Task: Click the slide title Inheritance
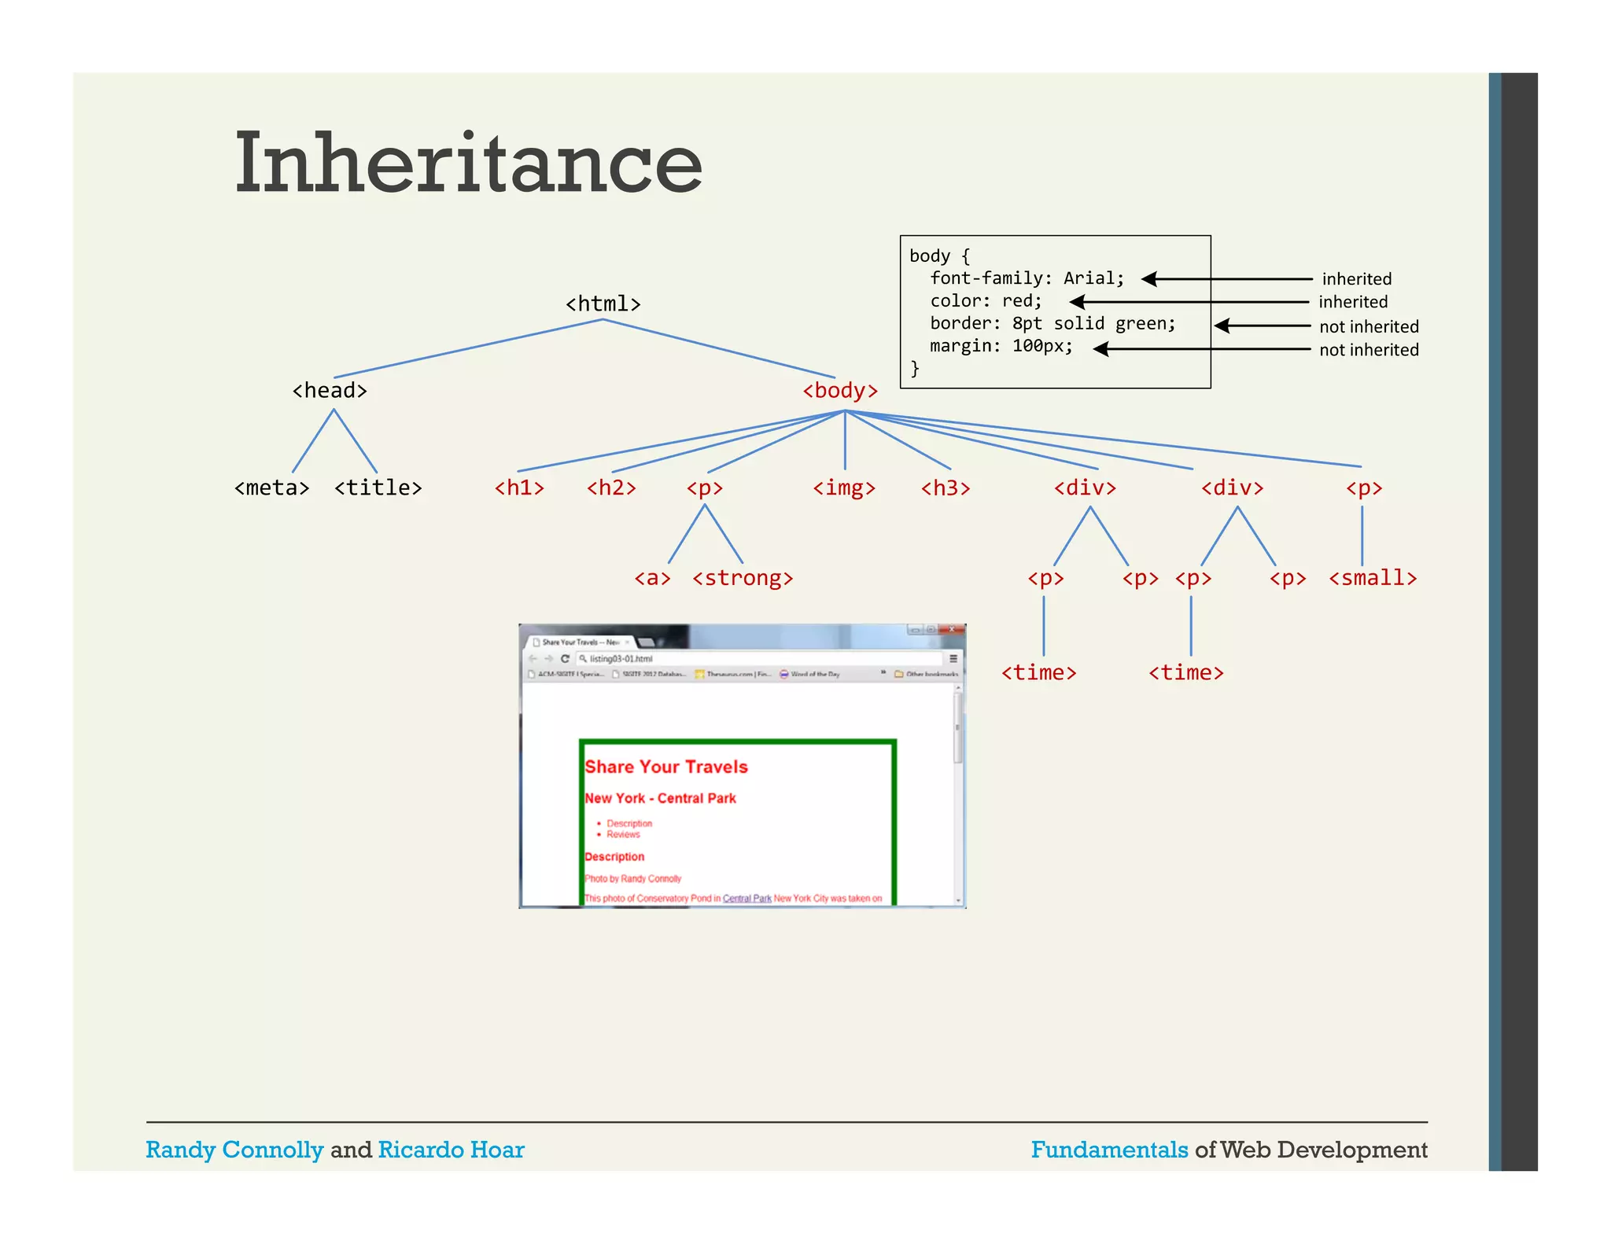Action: (468, 163)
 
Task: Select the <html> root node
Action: (603, 304)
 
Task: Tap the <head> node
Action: (330, 390)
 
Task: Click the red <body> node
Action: (839, 390)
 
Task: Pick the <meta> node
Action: (271, 488)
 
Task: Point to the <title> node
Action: (378, 488)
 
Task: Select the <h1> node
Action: (519, 488)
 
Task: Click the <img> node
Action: (844, 488)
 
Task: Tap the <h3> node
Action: (946, 488)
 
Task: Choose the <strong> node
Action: (743, 578)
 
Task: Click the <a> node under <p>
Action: (652, 578)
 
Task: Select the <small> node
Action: (1373, 578)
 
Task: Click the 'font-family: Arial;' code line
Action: (1027, 278)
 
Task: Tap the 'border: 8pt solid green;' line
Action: (1052, 323)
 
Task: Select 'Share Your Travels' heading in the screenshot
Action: (665, 767)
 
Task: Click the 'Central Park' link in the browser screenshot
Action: (747, 898)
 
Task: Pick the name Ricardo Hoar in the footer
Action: (451, 1150)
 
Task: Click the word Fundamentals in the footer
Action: (1109, 1150)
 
